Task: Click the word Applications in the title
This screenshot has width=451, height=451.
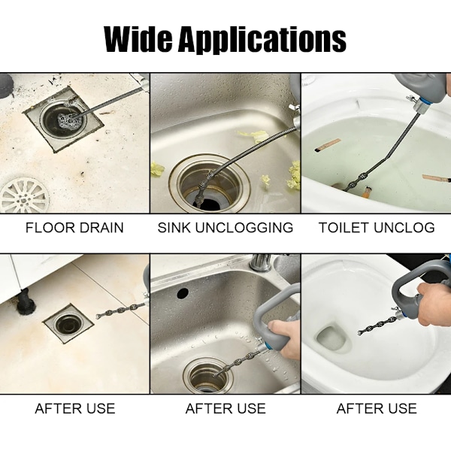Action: [262, 40]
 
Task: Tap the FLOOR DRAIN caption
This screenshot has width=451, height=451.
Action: [74, 228]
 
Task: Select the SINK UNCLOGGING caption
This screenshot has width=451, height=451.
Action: [225, 228]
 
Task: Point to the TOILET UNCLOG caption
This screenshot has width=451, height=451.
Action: [377, 228]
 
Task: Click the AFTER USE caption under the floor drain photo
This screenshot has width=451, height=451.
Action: [74, 408]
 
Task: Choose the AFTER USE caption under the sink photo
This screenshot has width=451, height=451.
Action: [225, 408]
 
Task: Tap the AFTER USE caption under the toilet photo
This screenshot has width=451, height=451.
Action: [377, 408]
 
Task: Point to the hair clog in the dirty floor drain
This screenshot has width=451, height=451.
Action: [68, 119]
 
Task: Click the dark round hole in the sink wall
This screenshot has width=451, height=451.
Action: [183, 293]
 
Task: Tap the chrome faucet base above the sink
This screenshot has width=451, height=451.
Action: [261, 262]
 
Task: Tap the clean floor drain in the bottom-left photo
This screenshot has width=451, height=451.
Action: [68, 324]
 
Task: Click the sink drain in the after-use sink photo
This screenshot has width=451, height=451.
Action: [207, 375]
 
